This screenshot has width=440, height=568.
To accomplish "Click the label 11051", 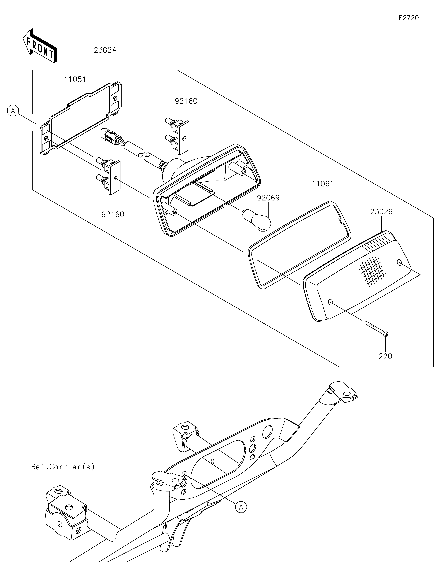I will point(75,79).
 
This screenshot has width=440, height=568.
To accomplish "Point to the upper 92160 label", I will point(186,101).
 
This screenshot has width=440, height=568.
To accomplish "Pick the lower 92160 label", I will point(113,215).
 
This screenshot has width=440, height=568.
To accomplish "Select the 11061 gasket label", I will point(323,184).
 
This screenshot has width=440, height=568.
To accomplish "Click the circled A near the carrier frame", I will point(241,507).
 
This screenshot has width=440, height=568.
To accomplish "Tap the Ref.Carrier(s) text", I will point(63,467).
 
